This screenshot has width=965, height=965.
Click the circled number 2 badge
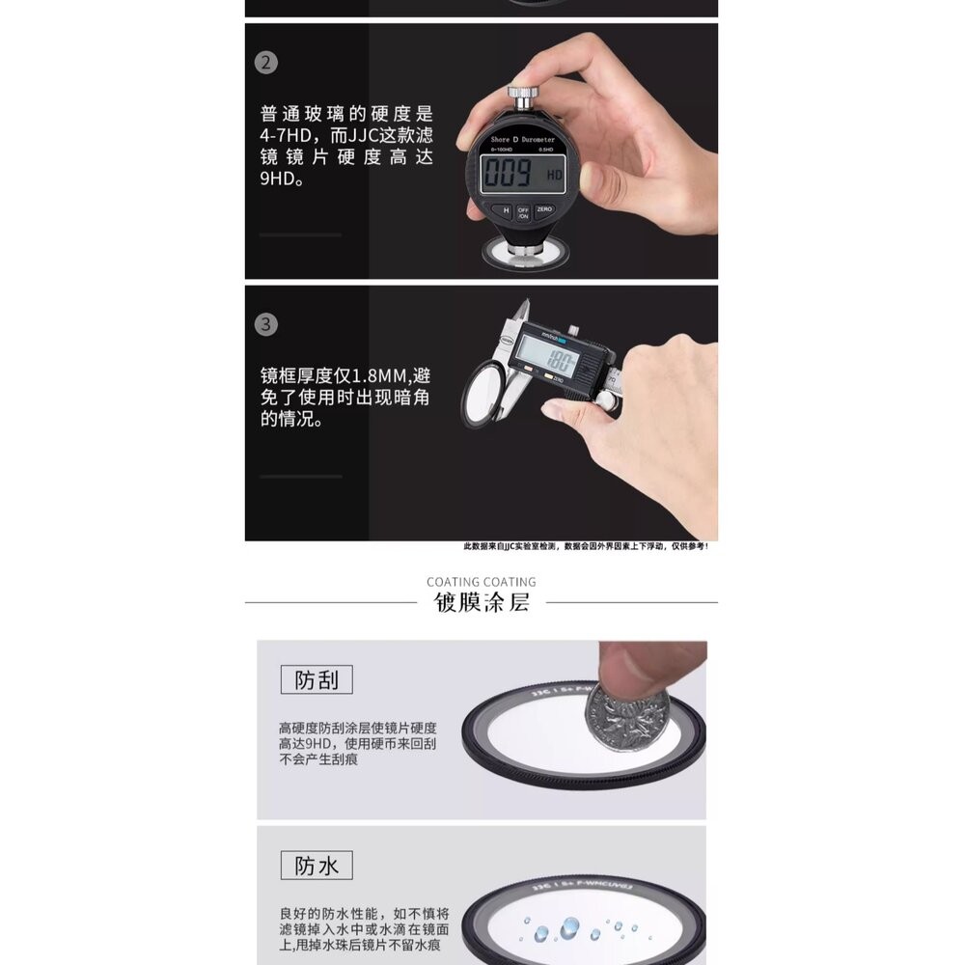click(266, 64)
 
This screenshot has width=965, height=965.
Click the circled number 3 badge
click(266, 324)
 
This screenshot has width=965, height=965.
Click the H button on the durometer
click(502, 209)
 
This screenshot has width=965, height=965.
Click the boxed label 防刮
click(317, 680)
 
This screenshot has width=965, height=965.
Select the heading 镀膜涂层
click(482, 604)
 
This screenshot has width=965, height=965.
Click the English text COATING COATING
click(482, 582)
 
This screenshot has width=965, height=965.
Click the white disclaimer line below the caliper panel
click(587, 547)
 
